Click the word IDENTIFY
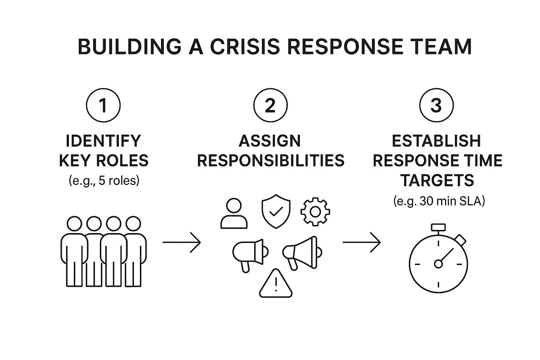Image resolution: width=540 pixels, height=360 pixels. point(103,141)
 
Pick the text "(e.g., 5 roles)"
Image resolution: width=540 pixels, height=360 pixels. point(104,181)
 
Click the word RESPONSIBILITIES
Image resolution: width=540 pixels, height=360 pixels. point(270,161)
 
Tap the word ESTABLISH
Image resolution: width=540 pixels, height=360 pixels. point(437,141)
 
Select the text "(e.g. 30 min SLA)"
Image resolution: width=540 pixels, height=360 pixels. point(439,201)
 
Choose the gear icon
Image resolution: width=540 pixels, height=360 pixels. point(315,212)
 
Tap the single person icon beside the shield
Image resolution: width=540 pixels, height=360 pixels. point(234,213)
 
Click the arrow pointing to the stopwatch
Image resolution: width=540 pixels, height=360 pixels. point(361,242)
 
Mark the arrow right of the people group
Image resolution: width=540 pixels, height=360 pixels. point(181,242)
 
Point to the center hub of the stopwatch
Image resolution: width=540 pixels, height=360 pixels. point(438,264)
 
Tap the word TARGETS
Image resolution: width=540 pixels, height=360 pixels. point(437,181)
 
